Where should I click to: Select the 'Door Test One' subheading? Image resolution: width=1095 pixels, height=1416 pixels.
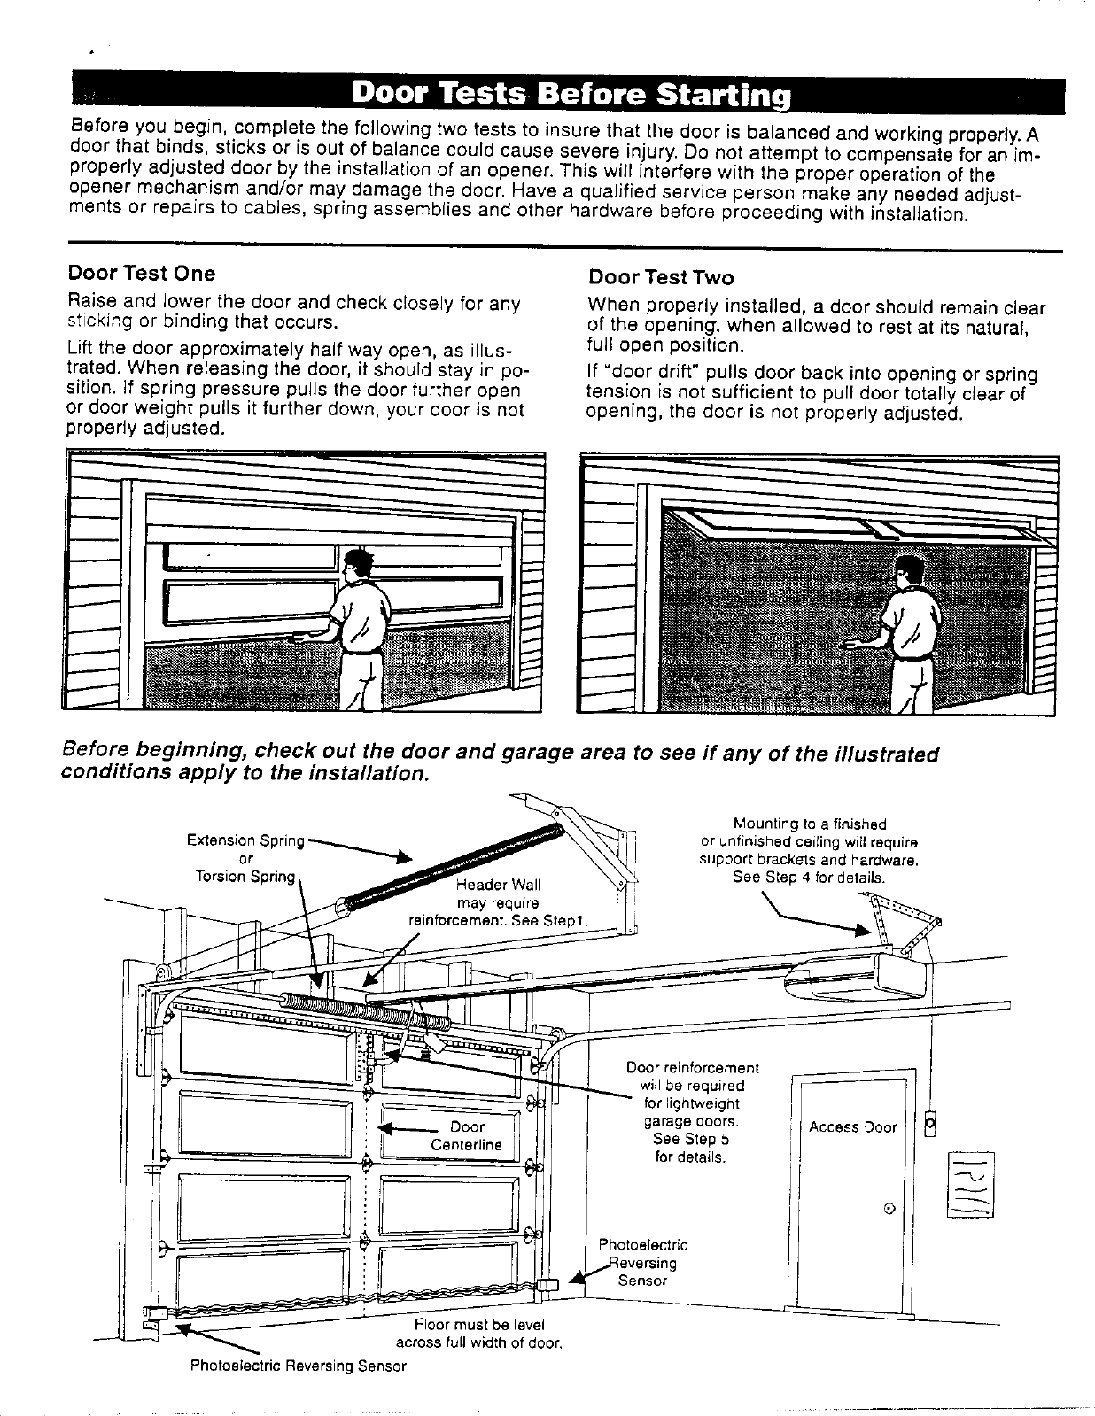click(142, 273)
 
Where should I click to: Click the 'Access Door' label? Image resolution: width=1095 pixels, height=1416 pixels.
click(852, 1127)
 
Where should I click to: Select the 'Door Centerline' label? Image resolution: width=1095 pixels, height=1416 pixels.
click(466, 1135)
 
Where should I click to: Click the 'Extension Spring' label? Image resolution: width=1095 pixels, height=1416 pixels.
click(245, 840)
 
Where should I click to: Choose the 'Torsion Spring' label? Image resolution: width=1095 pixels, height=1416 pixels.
click(245, 877)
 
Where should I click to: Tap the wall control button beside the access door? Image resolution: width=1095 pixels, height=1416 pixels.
click(929, 1123)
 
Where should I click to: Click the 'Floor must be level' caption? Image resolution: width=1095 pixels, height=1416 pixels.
click(478, 1325)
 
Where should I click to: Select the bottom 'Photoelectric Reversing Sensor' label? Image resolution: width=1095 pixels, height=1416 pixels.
click(299, 1366)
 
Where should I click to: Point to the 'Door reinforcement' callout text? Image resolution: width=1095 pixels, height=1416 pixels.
click(692, 1068)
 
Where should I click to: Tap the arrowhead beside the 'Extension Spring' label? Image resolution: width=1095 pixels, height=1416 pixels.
click(402, 856)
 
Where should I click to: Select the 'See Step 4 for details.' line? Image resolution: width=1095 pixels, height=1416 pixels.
click(808, 878)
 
